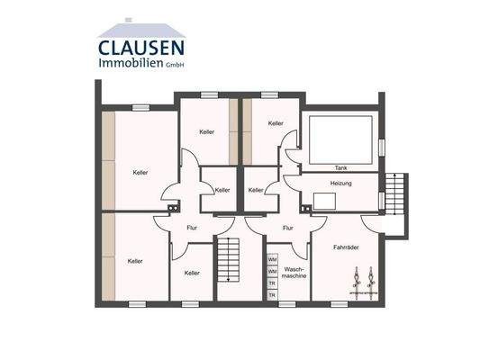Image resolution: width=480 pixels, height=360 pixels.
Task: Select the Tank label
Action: point(340,168)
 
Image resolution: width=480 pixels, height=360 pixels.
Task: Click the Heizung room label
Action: point(340,184)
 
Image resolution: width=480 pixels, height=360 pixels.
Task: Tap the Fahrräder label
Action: point(347,247)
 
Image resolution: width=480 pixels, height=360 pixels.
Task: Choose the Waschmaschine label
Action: point(295,273)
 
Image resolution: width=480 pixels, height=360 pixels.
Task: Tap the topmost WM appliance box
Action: point(272,260)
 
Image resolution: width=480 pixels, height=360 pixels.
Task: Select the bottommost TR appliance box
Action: point(272,294)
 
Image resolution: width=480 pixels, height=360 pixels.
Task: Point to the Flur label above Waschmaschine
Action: point(287,228)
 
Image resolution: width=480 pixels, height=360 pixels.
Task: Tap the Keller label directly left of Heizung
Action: point(256,190)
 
